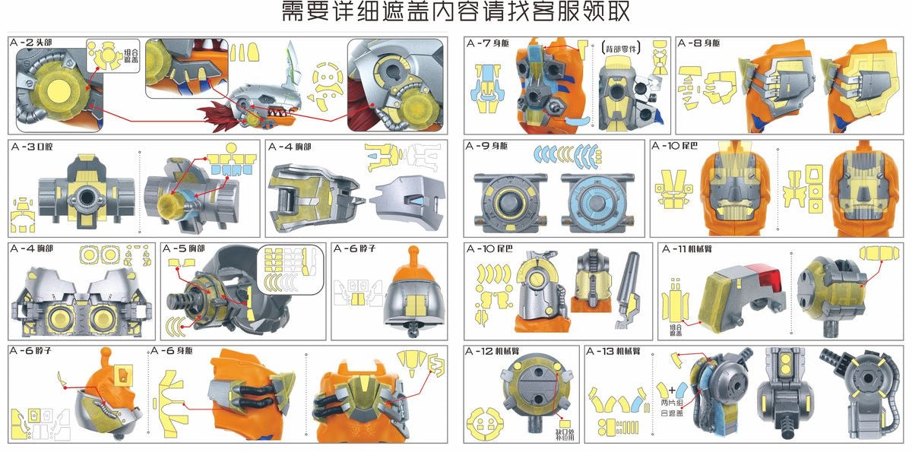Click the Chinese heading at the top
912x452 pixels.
[455, 13]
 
